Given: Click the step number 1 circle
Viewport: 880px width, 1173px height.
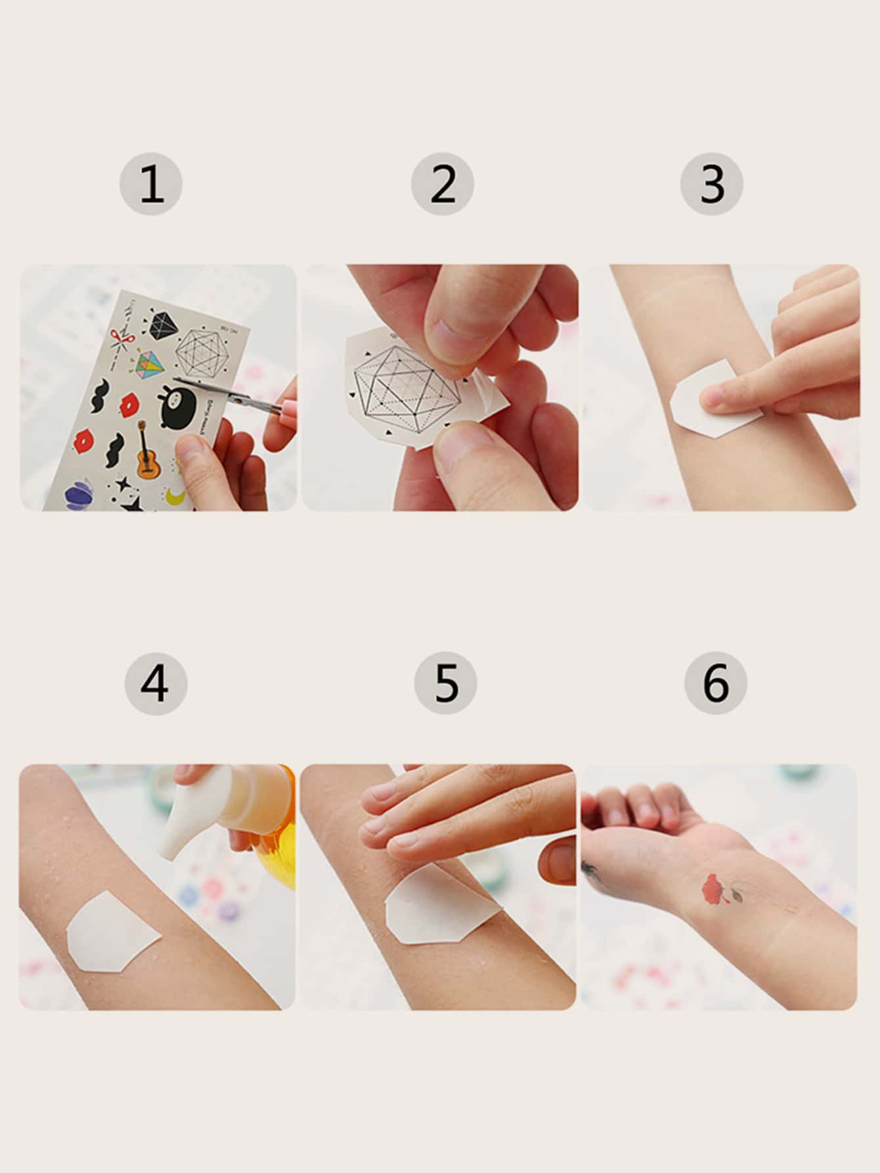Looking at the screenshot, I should (x=151, y=184).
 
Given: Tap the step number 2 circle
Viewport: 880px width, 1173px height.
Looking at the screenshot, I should (x=443, y=184).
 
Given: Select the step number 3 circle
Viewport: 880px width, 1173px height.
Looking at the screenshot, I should (x=712, y=184).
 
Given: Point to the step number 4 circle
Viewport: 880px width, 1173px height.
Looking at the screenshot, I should (x=156, y=683).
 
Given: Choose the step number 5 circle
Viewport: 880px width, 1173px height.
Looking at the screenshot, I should (x=446, y=683).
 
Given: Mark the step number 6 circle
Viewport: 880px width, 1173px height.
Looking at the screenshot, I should (x=715, y=683).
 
